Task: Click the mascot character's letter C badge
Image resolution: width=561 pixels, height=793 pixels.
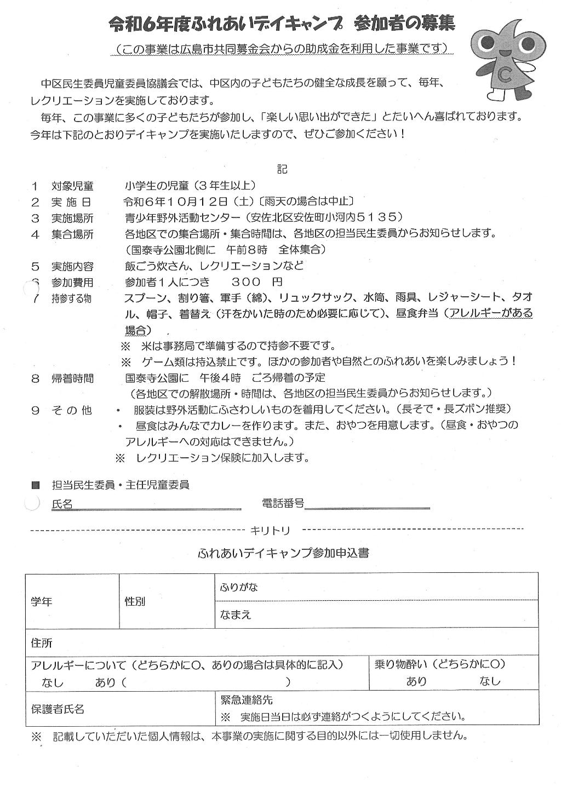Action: pyautogui.click(x=505, y=76)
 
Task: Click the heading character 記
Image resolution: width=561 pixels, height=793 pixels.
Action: pyautogui.click(x=282, y=169)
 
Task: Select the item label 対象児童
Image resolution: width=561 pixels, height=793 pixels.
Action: pyautogui.click(x=72, y=186)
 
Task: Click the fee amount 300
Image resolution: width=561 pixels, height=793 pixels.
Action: pyautogui.click(x=241, y=282)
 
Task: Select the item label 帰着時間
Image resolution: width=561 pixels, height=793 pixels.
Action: pyautogui.click(x=72, y=378)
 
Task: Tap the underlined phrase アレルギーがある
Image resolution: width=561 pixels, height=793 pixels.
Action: pyautogui.click(x=491, y=313)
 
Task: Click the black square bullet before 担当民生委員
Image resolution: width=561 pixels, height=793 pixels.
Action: pyautogui.click(x=36, y=485)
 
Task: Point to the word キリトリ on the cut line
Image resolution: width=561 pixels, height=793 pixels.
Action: pyautogui.click(x=271, y=530)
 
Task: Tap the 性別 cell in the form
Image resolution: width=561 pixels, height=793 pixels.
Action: pyautogui.click(x=135, y=601)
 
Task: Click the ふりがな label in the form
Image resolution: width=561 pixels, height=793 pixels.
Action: pyautogui.click(x=239, y=587)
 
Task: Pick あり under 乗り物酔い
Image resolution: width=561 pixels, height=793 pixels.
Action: pyautogui.click(x=416, y=681)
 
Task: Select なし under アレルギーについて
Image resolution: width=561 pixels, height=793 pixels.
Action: pyautogui.click(x=53, y=682)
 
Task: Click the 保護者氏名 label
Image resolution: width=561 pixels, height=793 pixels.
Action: pyautogui.click(x=58, y=709)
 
